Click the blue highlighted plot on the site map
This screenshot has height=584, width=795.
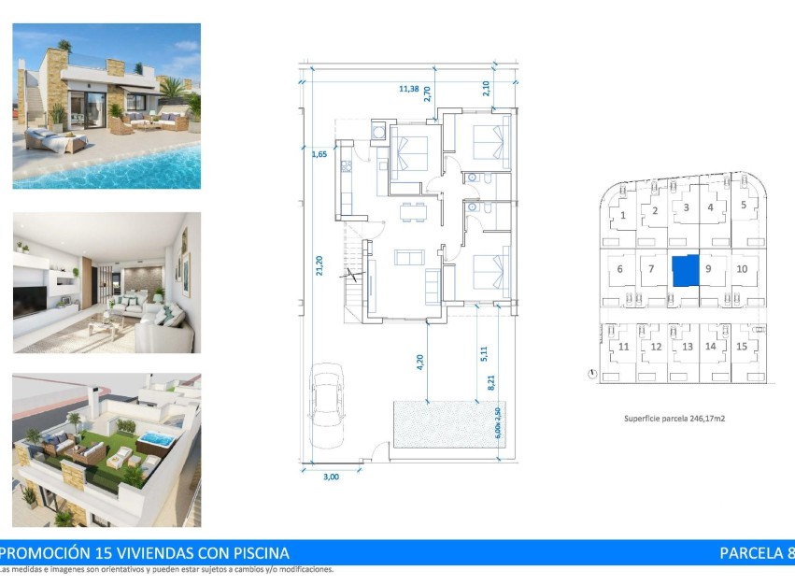coord(685,270)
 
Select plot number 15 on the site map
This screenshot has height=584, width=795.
coord(742,347)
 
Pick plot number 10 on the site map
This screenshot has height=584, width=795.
coord(742,269)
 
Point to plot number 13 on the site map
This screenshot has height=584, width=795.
coord(687,347)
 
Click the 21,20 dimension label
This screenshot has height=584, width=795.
coord(319,265)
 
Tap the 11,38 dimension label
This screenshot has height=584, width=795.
coord(408,89)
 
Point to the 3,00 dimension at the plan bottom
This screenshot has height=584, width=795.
coord(331,477)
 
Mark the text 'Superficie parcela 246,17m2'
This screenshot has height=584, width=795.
coord(674,419)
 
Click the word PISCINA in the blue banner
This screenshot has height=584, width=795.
coord(254,553)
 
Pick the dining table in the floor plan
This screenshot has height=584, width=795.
coord(409,213)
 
